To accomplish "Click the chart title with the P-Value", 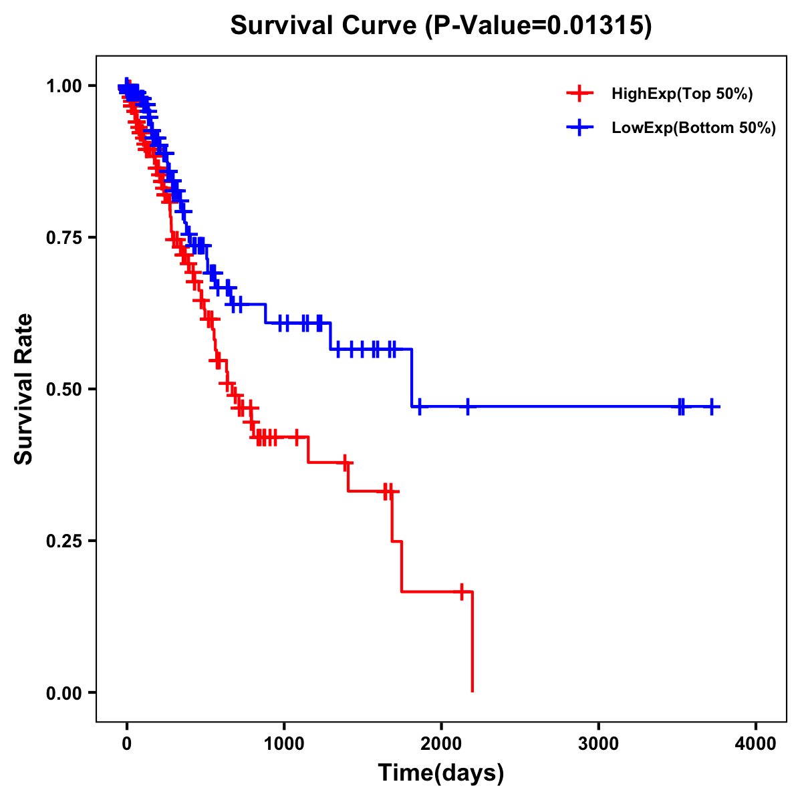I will tap(441, 26).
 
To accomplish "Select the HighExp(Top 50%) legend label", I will tap(682, 94).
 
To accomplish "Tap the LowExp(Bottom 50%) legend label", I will tap(694, 128).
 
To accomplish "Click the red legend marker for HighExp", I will tap(579, 94).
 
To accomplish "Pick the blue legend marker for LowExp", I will tap(579, 128).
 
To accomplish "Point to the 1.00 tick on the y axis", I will tap(65, 86).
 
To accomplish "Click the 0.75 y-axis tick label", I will tap(65, 238).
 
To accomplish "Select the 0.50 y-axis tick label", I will tap(65, 389).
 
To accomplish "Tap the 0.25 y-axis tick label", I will tap(65, 541).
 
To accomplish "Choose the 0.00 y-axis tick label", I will tap(65, 692).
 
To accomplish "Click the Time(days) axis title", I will tap(441, 773).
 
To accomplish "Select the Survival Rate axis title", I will tap(24, 389).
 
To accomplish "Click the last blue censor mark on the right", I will tap(712, 406).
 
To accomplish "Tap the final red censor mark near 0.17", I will tap(461, 591).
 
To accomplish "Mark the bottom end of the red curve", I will tap(473, 691).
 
